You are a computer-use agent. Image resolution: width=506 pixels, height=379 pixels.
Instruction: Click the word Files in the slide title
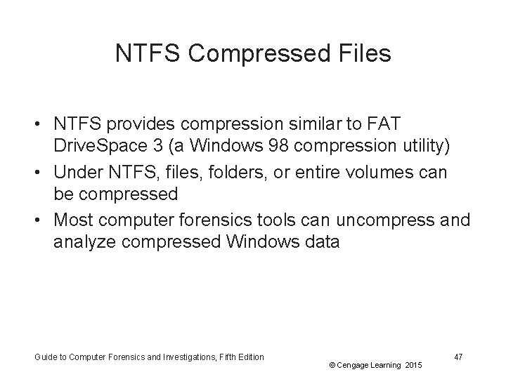click(x=363, y=54)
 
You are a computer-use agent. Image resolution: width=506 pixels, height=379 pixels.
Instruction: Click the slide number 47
click(x=458, y=357)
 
